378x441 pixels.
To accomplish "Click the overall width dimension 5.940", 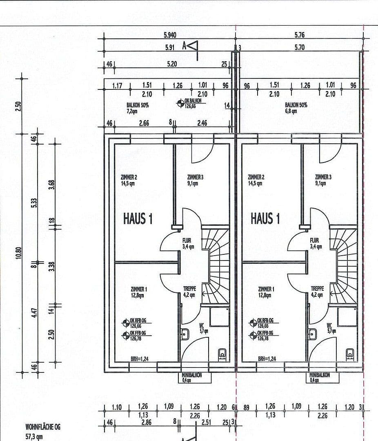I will tap(170, 36).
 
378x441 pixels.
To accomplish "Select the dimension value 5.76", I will tap(299, 36).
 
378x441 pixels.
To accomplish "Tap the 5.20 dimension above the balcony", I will tap(172, 64).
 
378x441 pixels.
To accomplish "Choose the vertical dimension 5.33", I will tap(35, 203).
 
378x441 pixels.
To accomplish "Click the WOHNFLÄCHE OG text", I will tap(43, 427).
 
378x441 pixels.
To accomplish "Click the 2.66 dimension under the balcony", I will tap(144, 123).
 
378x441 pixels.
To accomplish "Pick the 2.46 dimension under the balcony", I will tap(202, 123).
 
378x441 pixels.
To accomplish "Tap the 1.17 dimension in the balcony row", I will tap(118, 86).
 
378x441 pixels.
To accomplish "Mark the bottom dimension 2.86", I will tap(146, 423).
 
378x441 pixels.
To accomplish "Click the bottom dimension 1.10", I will tap(117, 407).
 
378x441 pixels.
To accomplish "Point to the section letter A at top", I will tap(185, 47).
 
